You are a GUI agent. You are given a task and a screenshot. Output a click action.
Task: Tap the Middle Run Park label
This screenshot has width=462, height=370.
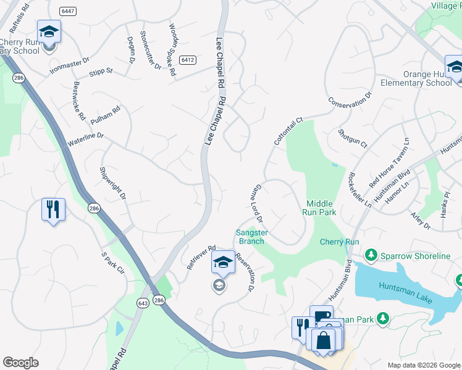point(319,208)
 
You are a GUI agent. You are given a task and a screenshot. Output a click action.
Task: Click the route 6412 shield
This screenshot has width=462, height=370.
point(188,60)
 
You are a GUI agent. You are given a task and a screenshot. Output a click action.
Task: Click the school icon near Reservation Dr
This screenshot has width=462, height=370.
point(223,261)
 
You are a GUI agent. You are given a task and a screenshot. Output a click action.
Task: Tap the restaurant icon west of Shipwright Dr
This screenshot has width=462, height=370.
point(53,209)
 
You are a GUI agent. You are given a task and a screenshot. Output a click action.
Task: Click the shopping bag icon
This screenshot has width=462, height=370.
point(323,340)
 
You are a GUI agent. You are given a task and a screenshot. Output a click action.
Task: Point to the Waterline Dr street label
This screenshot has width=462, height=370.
point(85,139)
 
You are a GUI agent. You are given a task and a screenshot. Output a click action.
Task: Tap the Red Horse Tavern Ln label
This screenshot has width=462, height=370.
point(389,164)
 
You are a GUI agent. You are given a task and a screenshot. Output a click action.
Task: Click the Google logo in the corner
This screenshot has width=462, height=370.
point(20,363)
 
